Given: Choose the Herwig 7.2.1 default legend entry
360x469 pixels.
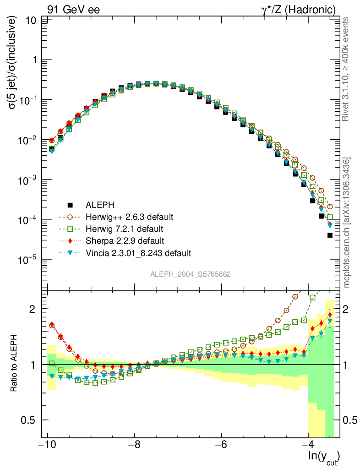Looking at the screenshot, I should (124, 229).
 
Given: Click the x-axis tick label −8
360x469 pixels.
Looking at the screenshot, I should (134, 445).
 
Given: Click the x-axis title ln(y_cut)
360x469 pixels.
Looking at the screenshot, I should (324, 457).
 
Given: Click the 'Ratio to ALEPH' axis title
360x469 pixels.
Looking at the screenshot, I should (15, 365).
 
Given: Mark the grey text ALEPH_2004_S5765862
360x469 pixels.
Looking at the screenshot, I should (191, 274).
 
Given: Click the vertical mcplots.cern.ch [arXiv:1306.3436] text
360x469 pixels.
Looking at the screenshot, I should (347, 223).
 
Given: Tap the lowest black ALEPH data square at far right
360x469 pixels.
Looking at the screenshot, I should (330, 235).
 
